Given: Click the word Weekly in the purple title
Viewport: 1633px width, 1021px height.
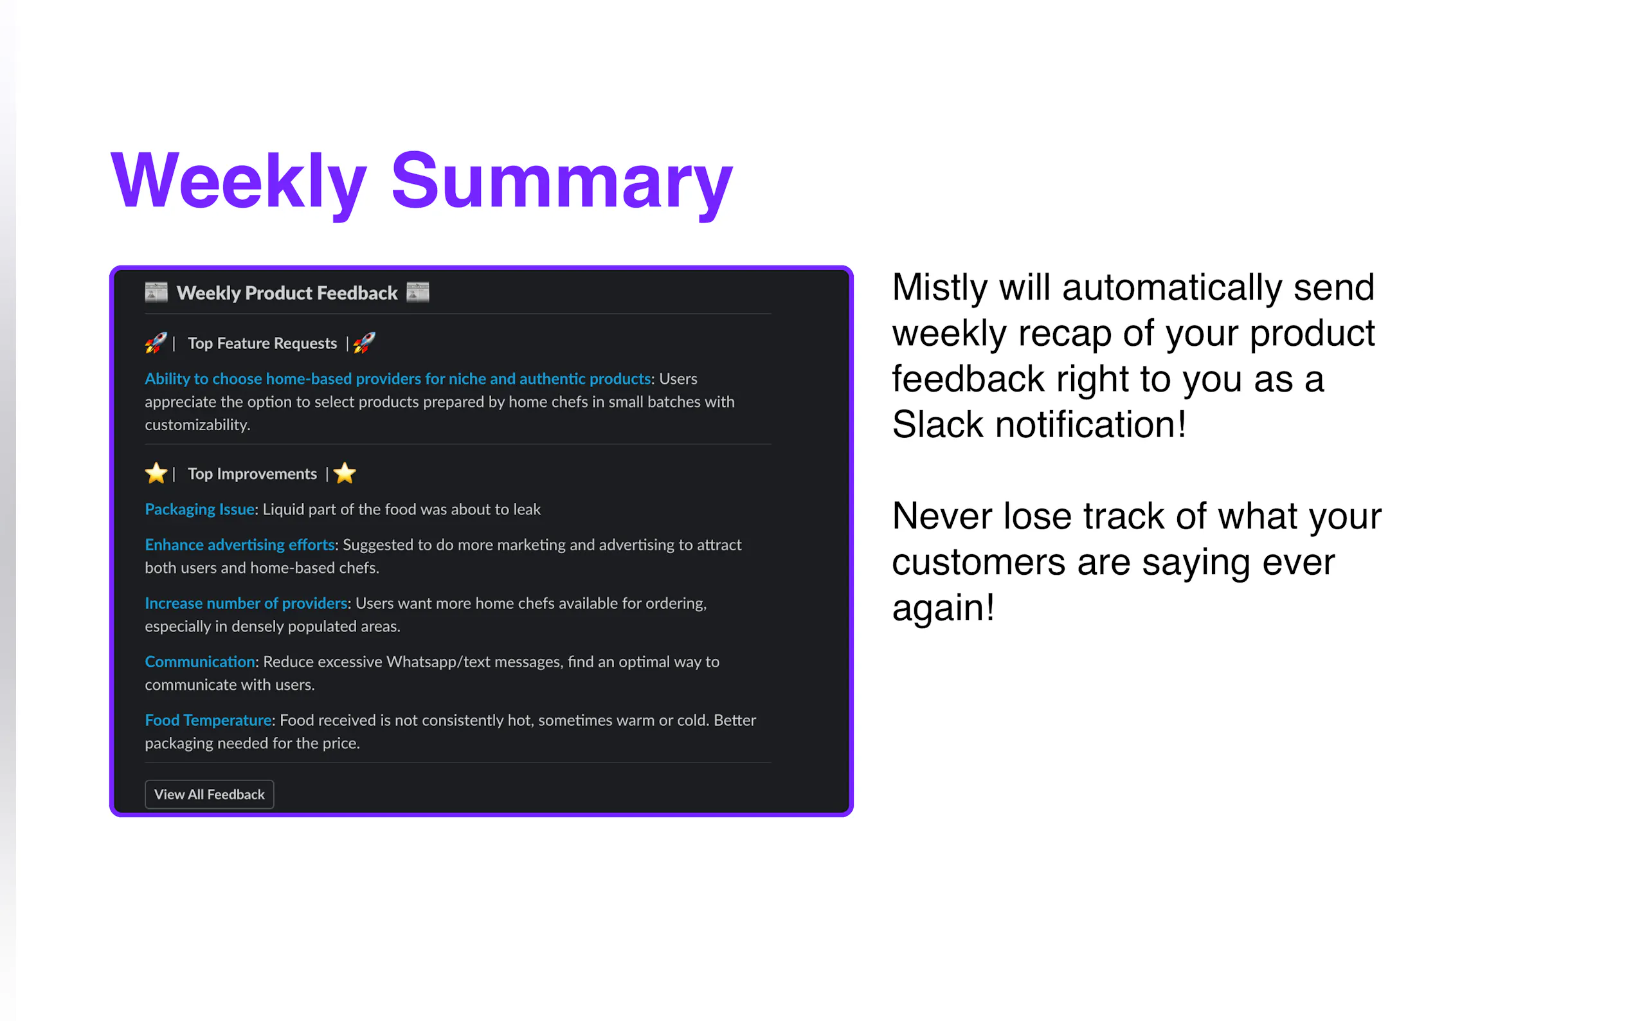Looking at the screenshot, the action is click(239, 181).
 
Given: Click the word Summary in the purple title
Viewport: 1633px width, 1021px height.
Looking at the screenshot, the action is click(562, 181).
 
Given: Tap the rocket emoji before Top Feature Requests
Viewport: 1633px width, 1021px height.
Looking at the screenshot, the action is click(156, 343).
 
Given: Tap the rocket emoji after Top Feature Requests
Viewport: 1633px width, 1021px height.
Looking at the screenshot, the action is click(365, 343).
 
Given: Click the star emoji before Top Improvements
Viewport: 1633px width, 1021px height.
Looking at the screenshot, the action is click(156, 473).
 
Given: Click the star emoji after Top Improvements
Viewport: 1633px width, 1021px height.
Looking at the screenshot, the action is click(345, 473).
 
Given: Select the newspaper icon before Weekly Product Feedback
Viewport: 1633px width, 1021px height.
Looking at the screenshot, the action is click(156, 293).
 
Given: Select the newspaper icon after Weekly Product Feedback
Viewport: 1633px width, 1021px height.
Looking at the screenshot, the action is click(418, 293).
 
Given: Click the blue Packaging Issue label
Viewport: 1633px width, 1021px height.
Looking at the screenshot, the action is click(200, 510).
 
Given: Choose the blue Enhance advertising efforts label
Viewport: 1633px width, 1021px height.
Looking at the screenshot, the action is click(240, 545).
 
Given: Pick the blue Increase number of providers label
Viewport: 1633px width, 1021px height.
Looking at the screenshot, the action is click(246, 603).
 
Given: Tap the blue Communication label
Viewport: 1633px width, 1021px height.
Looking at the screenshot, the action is click(200, 662).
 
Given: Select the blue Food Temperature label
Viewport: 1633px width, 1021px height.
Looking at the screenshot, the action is click(208, 721).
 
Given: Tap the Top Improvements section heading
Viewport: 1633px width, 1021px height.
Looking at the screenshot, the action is click(252, 474).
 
